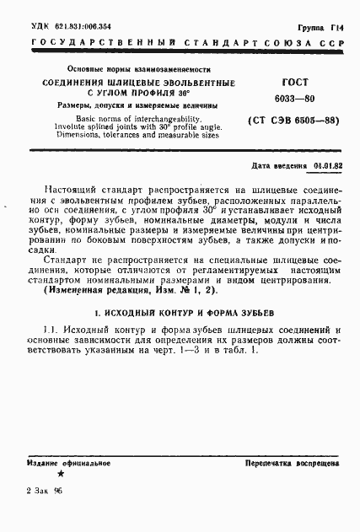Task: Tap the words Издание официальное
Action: [62, 465]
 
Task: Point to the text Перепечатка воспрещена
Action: [292, 465]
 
